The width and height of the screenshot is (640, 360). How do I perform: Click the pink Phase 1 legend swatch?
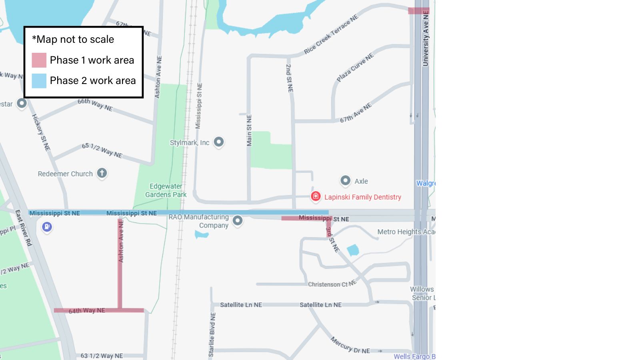point(39,60)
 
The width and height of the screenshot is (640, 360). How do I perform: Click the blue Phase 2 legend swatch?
point(39,81)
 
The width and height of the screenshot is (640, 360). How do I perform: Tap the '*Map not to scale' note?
point(73,39)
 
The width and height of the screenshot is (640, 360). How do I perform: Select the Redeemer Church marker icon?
point(102,173)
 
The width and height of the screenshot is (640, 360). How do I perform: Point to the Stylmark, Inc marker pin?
point(218,142)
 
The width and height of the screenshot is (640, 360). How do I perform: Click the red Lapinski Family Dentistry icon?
point(316,196)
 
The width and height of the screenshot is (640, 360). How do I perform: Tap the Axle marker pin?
point(345,181)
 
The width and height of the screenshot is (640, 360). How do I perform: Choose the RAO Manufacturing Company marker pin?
point(238,221)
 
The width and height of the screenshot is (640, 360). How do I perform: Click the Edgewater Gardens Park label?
point(166,190)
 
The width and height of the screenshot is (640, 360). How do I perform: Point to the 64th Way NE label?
point(86,310)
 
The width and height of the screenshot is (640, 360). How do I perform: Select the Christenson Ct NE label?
point(332,284)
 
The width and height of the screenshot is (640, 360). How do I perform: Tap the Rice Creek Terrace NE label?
point(331,35)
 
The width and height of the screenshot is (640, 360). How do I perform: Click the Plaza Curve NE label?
point(355,67)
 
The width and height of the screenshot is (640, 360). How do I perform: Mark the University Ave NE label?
point(426,38)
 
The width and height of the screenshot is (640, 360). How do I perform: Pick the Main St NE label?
point(249,130)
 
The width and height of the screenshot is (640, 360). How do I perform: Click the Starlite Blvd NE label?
point(212,334)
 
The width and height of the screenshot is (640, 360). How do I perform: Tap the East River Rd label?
point(23,228)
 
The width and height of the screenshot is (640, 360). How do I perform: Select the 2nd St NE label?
point(289,78)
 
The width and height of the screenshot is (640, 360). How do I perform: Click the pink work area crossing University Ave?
point(418,11)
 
